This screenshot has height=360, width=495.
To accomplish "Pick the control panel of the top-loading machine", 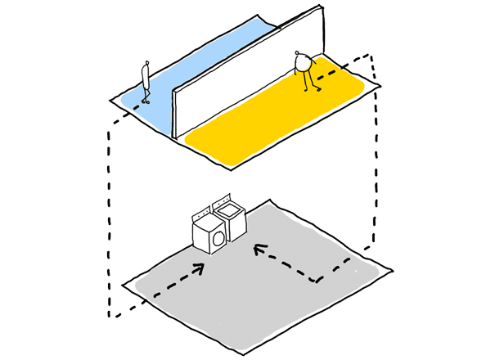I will (x=222, y=200).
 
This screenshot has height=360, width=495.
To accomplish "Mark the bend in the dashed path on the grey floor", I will (x=317, y=281).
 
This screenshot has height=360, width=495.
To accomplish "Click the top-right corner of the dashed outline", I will (x=372, y=56).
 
